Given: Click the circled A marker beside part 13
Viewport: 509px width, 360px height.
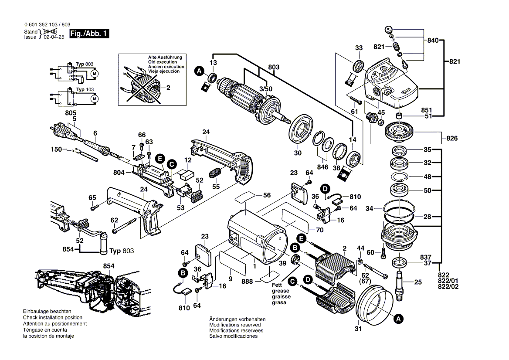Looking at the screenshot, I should [199, 71].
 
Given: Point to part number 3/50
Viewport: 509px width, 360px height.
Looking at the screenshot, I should [265, 89].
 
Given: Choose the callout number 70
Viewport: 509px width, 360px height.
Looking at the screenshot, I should [319, 230].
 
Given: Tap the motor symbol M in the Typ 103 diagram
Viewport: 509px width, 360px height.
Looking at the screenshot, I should [93, 99].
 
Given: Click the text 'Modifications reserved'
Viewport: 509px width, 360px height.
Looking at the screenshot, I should [235, 325].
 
